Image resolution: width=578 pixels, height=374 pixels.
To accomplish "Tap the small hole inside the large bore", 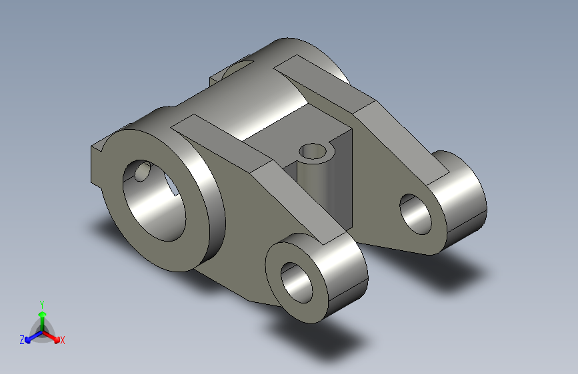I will tap(141, 173).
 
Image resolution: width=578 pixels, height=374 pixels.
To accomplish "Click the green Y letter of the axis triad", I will tap(41, 303).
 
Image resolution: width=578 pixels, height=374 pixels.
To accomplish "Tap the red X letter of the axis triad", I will tap(63, 341).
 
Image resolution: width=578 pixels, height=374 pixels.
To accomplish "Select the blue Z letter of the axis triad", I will tap(22, 340).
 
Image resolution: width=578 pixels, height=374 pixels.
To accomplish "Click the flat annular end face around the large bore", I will tap(193, 220).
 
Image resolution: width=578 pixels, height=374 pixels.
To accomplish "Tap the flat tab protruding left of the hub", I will tap(96, 163).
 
